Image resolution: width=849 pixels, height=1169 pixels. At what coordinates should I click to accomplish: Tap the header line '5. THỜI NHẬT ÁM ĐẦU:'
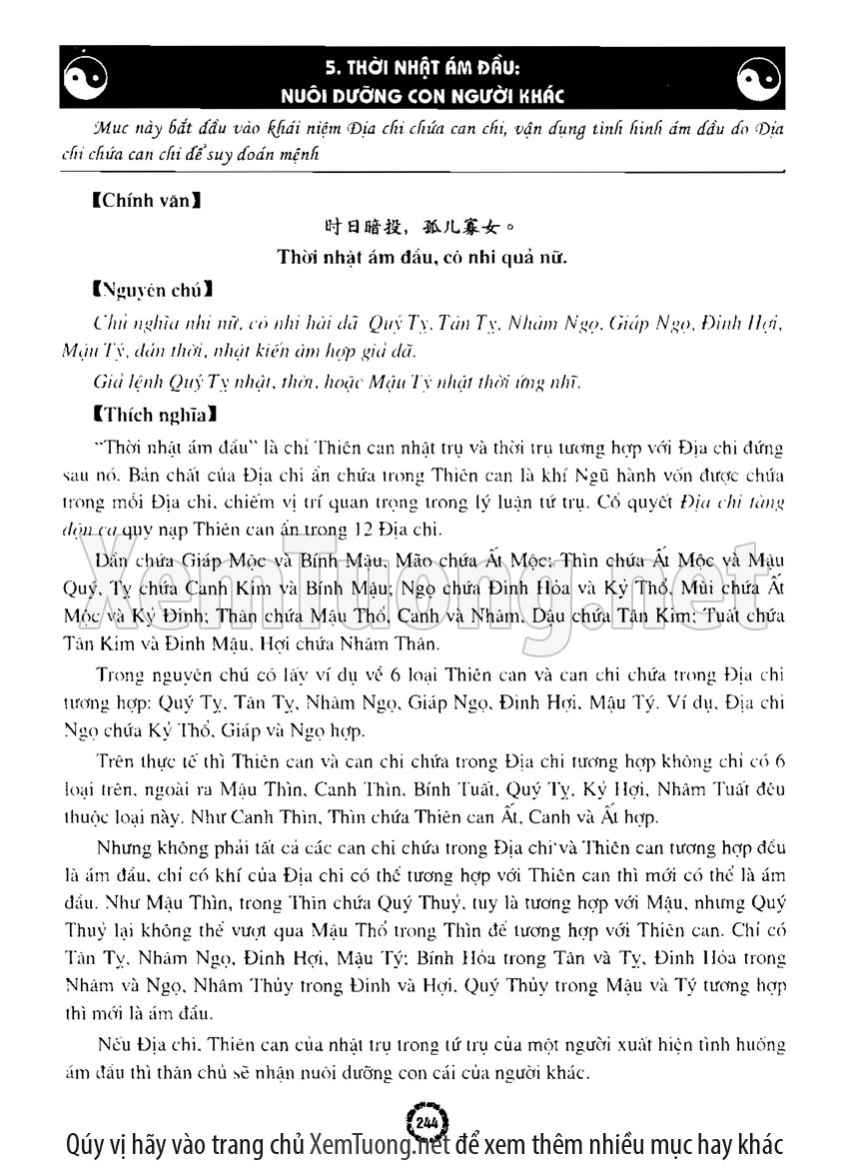pyautogui.click(x=424, y=66)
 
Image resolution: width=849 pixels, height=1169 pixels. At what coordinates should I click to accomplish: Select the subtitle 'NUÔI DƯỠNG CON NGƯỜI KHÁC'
pyautogui.click(x=424, y=95)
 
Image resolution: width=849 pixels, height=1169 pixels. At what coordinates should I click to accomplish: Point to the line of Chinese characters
pyautogui.click(x=424, y=229)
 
